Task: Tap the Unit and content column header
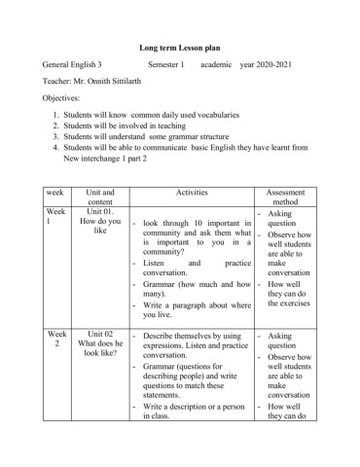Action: pos(100,200)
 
